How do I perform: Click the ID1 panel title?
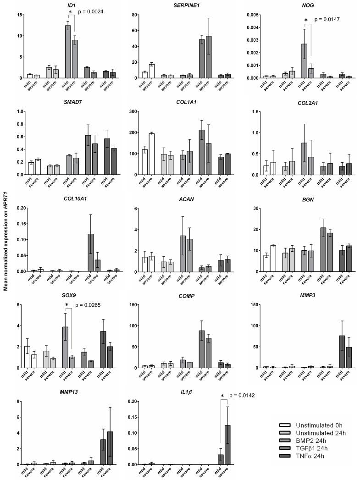coord(72,5)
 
